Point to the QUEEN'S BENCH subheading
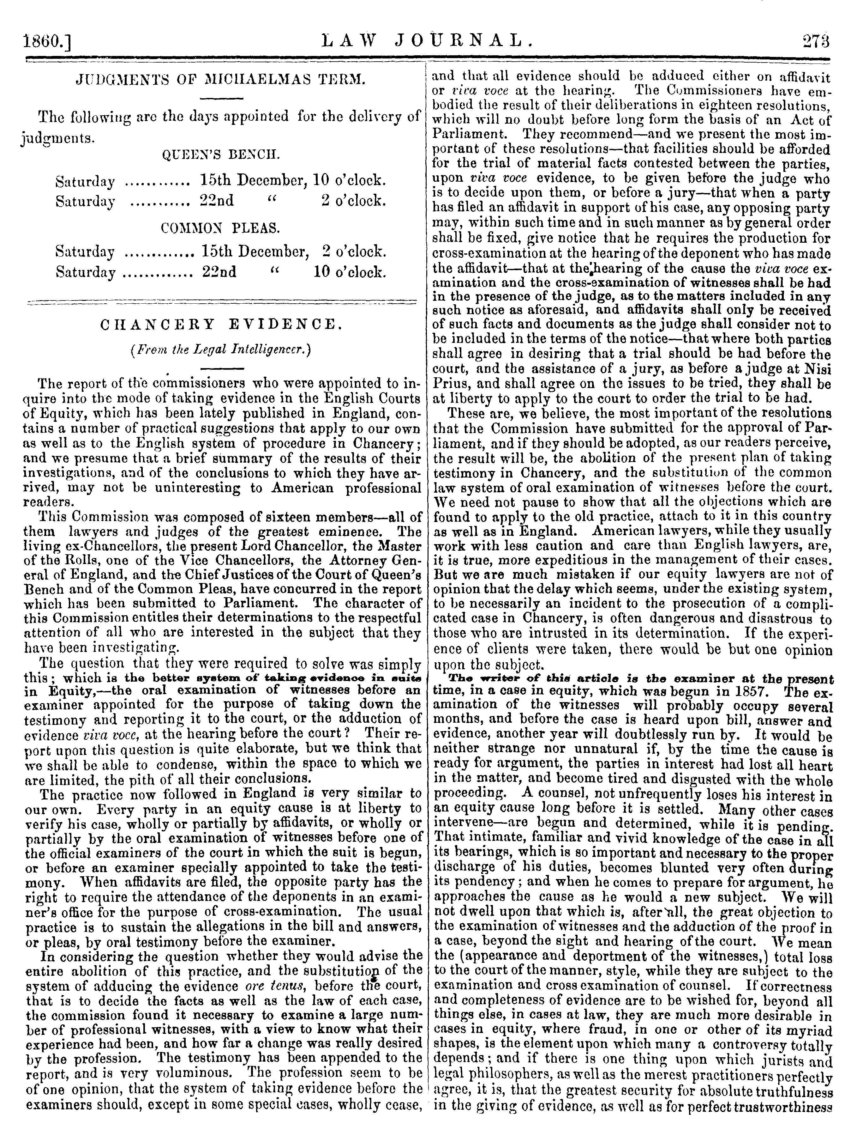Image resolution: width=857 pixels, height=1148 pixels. point(221,155)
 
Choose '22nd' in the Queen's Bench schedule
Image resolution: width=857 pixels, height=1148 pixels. point(217,201)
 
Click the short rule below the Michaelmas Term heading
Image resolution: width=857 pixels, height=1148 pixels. point(221,99)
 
